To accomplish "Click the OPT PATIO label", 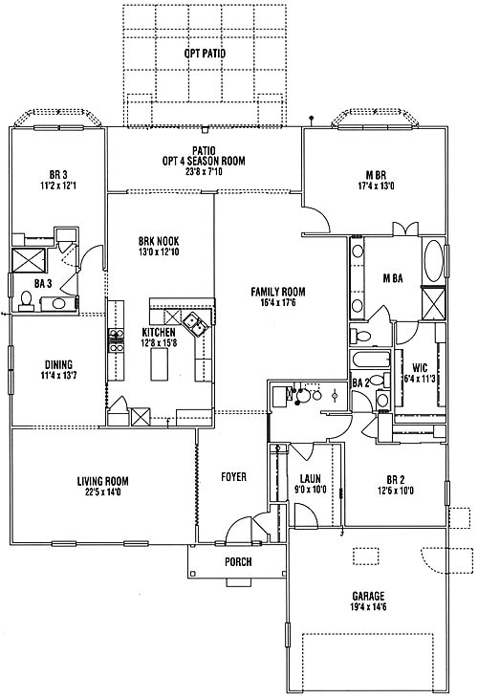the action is point(205,54).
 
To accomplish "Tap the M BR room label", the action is point(376,175).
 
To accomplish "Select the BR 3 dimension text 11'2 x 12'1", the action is point(58,185).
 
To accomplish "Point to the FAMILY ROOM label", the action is point(278,292).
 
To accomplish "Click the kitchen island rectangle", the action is point(159,364).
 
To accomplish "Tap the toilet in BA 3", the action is point(26,301).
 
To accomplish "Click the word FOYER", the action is point(234,477).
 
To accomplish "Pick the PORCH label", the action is point(238,561).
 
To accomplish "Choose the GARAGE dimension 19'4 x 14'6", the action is point(368,606).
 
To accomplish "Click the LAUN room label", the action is point(311,479).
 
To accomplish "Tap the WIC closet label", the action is point(420,368).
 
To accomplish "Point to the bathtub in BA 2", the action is point(371,360).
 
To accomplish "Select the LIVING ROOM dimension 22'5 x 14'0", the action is point(103,492).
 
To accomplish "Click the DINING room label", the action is point(59,364).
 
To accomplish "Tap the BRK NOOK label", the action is point(159,241).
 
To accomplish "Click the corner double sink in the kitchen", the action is point(196,324).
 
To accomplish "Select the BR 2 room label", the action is point(396,480).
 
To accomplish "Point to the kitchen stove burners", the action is point(117,340).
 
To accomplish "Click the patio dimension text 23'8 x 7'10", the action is point(204,171).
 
